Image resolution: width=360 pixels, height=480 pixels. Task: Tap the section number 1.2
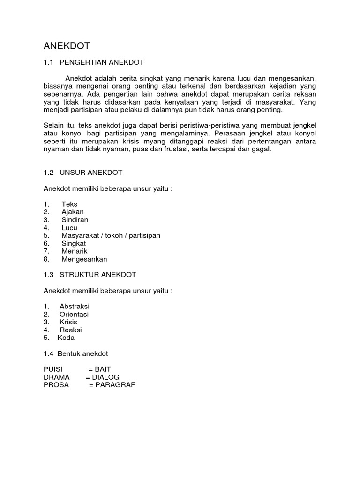point(48,172)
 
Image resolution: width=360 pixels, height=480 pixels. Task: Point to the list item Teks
point(69,204)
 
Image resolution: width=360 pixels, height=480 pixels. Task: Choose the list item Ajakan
point(73,212)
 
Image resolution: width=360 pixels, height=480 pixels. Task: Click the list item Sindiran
point(75,220)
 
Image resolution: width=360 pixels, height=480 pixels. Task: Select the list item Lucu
point(69,228)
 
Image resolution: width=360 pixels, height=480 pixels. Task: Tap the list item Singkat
point(74,243)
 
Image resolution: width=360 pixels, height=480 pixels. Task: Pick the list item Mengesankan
point(84,259)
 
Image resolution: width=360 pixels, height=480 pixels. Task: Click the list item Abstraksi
point(75,306)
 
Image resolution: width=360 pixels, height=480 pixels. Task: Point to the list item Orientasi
point(74,314)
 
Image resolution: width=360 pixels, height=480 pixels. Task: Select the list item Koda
point(66,337)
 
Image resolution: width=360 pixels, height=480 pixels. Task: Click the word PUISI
point(52,369)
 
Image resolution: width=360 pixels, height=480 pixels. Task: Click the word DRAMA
point(56,377)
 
